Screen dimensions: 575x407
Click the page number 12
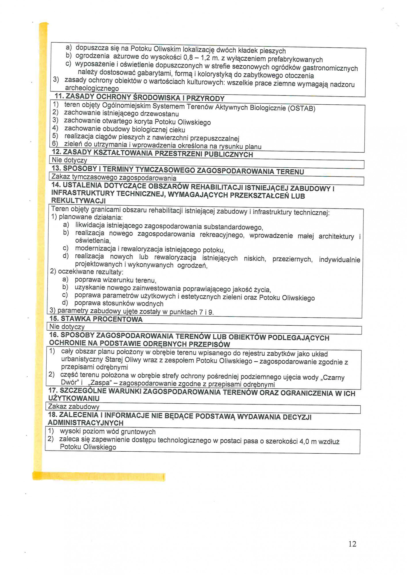(352, 544)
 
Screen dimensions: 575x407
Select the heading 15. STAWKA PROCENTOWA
(96, 319)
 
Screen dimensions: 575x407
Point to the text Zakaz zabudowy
(74, 407)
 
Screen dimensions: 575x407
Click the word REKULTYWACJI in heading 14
(78, 200)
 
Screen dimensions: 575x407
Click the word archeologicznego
(92, 88)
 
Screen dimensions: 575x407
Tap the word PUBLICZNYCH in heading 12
(228, 154)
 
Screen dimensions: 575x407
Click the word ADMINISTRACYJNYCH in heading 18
(86, 423)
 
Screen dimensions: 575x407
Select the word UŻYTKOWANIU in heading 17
(74, 398)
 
